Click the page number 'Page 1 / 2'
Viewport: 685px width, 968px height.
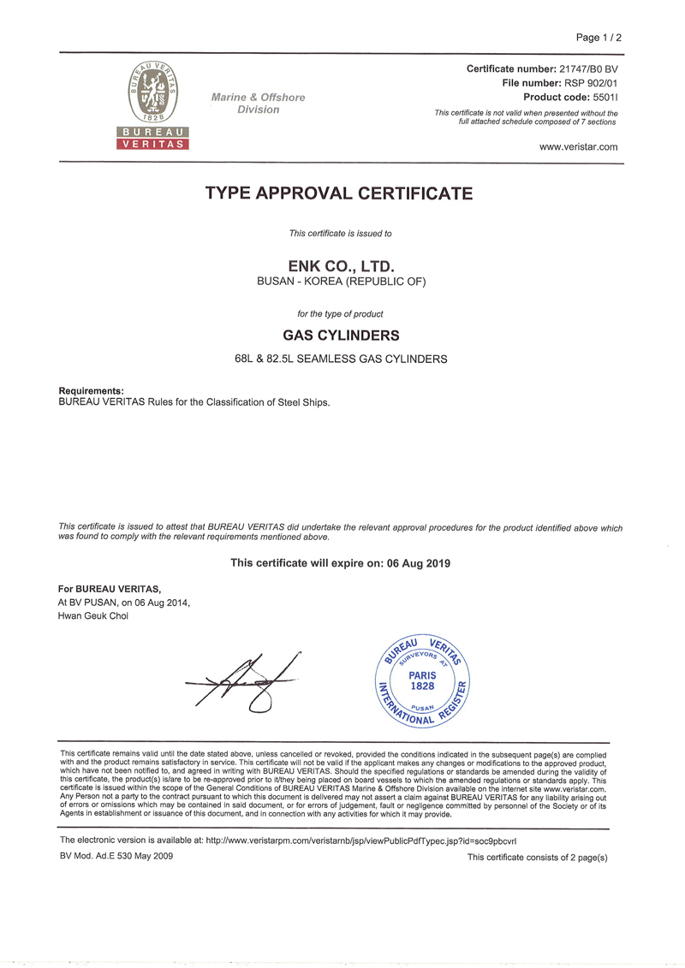click(x=599, y=38)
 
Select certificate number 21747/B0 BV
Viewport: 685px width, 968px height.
click(x=576, y=68)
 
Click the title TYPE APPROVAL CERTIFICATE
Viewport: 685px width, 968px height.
click(x=339, y=193)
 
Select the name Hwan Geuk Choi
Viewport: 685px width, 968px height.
click(x=92, y=616)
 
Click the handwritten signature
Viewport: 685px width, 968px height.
click(x=244, y=681)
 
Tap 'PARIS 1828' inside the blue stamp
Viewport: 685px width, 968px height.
click(x=422, y=680)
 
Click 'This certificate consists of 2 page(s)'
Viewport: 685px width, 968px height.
click(x=537, y=858)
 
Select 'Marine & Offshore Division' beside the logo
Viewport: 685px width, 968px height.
click(x=258, y=104)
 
